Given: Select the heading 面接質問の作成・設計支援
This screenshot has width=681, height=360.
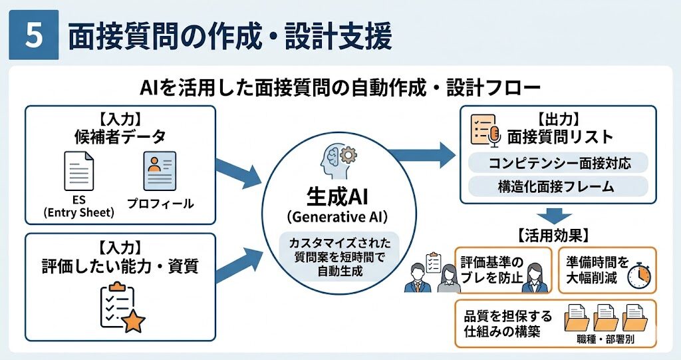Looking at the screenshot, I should click(x=229, y=37).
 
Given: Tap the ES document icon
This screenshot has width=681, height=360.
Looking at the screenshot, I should click(x=78, y=171).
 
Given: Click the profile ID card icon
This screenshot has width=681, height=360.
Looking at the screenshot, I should click(x=160, y=171).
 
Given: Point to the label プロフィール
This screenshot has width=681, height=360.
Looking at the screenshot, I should click(x=160, y=203).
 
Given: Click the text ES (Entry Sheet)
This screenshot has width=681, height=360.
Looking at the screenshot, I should click(x=79, y=207).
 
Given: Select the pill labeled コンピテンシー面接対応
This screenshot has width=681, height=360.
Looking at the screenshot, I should click(x=558, y=162).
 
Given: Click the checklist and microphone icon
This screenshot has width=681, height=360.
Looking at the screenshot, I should click(x=484, y=130).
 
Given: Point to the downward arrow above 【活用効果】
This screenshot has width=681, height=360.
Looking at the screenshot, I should click(x=553, y=215).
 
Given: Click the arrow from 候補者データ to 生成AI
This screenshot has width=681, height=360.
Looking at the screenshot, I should click(x=239, y=171).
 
